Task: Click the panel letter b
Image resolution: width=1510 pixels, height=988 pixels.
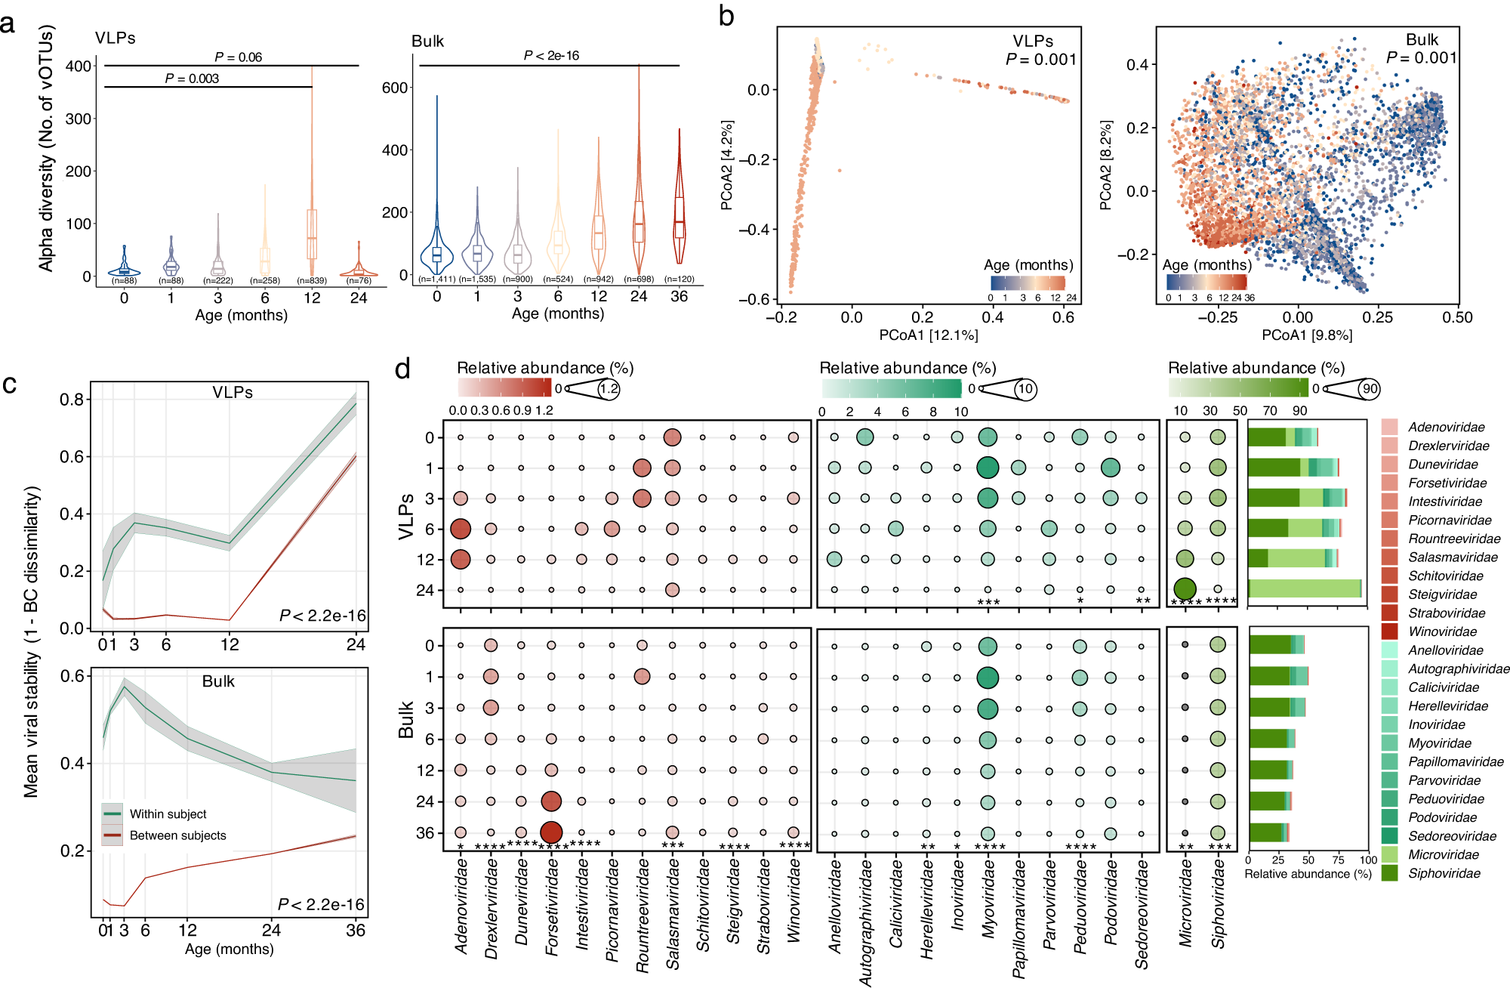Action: tap(726, 17)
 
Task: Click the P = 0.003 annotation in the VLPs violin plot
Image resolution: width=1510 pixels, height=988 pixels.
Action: tap(192, 79)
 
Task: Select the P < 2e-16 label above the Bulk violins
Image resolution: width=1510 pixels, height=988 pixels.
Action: tap(551, 56)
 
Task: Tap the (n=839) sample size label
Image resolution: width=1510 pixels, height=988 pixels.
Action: tap(312, 281)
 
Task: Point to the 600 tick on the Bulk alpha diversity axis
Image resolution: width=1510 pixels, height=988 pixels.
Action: tap(395, 88)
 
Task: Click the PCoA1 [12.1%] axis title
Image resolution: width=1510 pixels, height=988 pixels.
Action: tap(928, 335)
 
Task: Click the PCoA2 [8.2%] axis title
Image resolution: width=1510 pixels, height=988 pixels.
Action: tap(1105, 165)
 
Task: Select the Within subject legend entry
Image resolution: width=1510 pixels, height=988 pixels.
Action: tap(168, 814)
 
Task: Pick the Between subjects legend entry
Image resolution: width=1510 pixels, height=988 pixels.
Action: tap(177, 835)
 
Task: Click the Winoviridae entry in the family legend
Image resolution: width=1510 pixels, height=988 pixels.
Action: tap(1442, 631)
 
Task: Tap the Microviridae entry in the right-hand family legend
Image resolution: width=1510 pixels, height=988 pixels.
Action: tap(1443, 855)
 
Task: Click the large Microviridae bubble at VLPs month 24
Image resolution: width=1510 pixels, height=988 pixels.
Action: tap(1185, 589)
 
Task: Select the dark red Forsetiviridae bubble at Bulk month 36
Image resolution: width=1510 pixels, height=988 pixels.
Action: tap(551, 832)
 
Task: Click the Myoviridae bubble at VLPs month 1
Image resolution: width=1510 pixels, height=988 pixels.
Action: tap(988, 468)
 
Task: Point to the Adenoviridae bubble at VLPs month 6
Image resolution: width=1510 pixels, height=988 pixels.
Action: tap(461, 529)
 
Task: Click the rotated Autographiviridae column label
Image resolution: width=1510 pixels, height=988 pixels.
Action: tap(865, 922)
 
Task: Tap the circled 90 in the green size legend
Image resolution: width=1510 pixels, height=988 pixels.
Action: tap(1369, 389)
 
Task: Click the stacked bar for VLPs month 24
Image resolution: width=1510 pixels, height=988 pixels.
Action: tap(1305, 589)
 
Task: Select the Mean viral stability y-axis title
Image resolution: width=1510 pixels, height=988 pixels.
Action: tap(31, 642)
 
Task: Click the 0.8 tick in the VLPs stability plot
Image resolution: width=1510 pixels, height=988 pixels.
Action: tap(72, 400)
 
